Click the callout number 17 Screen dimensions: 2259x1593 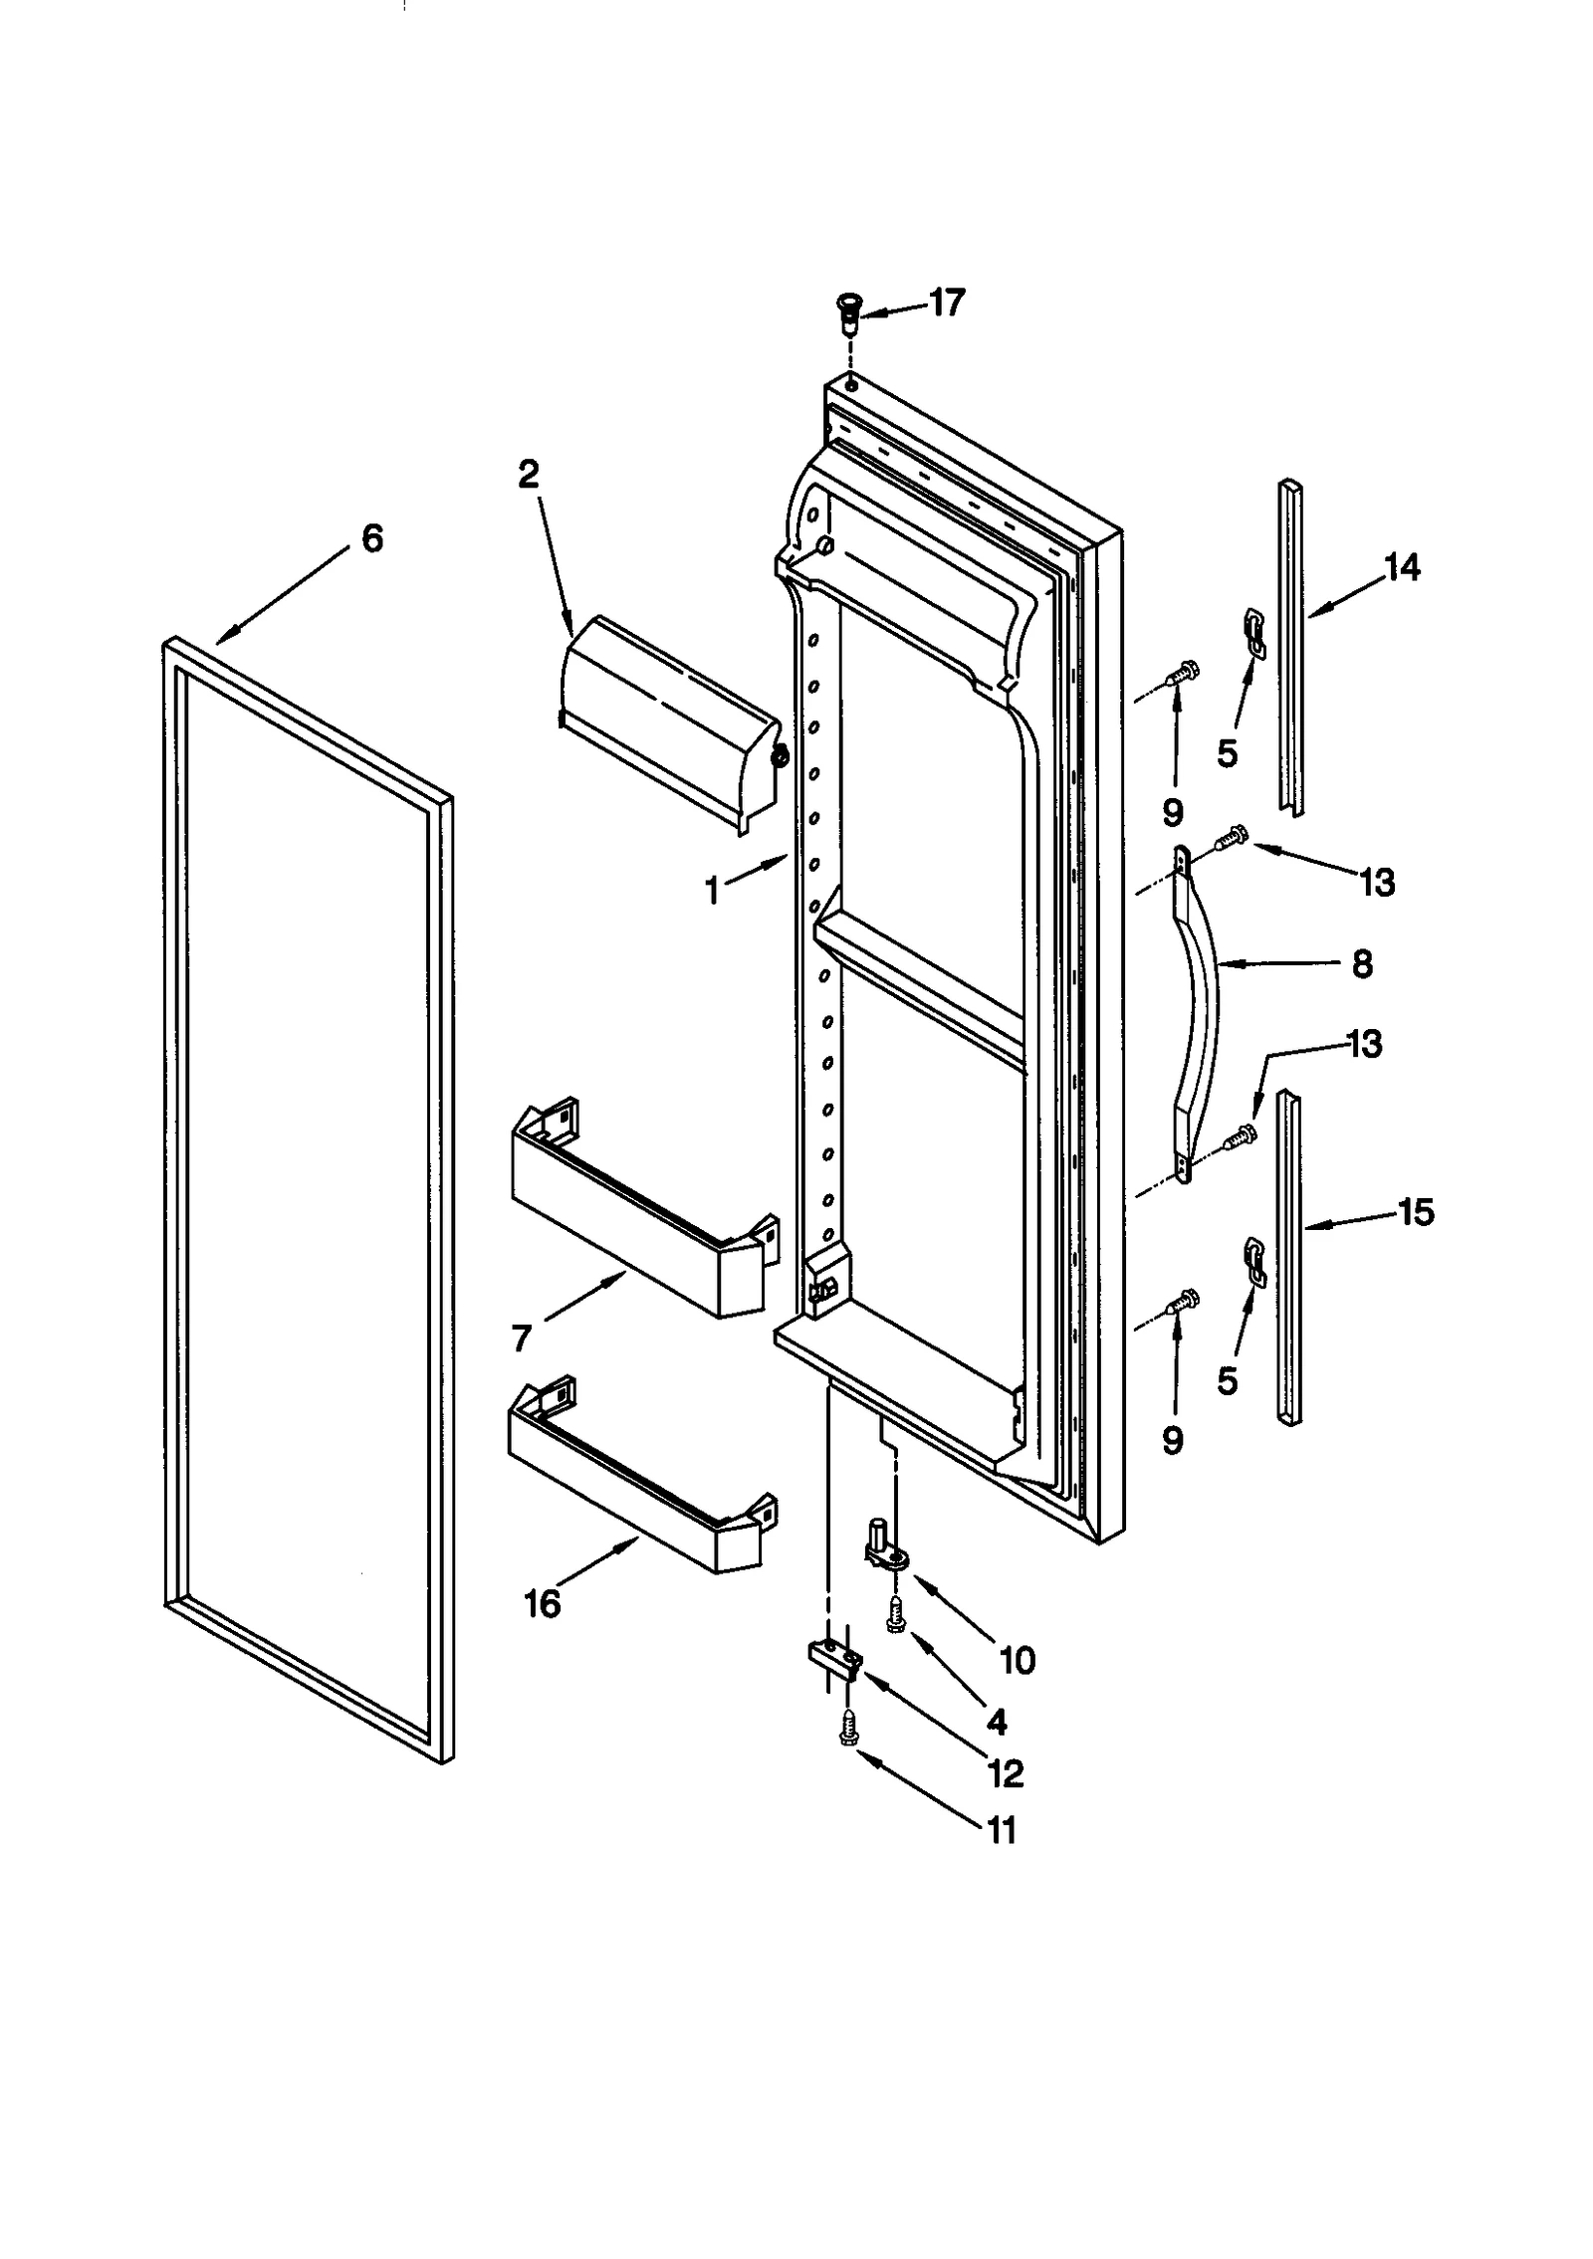coord(947,303)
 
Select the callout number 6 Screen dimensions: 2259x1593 coord(371,538)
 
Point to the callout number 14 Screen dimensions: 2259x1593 coord(1402,568)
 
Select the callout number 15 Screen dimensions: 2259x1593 coord(1414,1212)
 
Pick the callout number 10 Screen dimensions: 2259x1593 coord(1017,1659)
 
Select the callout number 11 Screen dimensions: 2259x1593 coord(1000,1829)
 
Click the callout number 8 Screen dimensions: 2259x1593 coord(1362,963)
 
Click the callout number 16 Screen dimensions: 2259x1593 coord(544,1603)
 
